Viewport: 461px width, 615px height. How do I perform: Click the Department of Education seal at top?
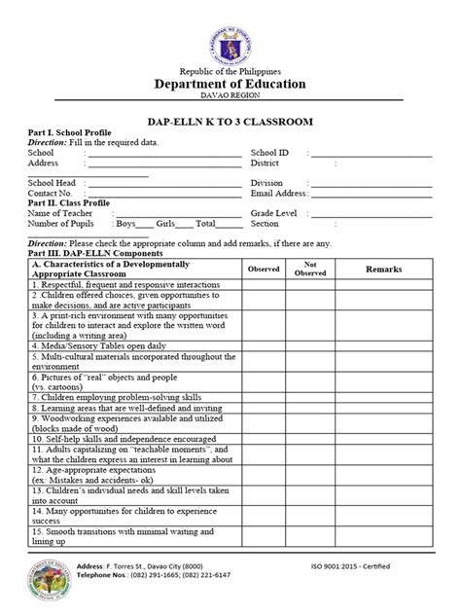230,36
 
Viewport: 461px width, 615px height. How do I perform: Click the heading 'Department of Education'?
230,85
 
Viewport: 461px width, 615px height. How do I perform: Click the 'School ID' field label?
270,153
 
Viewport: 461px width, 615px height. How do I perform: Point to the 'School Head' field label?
53,183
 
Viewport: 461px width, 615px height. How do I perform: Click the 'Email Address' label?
279,193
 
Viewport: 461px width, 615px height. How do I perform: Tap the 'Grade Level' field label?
274,212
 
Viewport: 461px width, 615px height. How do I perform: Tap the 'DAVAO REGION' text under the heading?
230,98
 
